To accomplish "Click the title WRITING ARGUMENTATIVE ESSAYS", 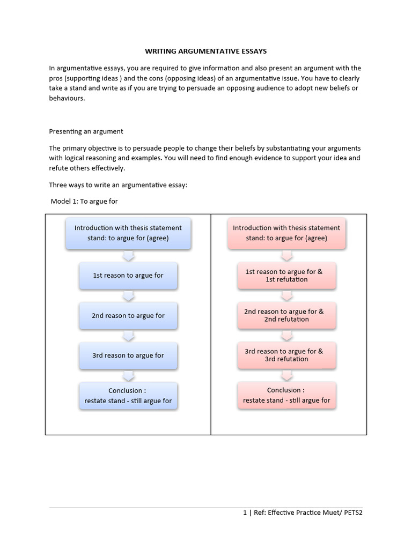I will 206,51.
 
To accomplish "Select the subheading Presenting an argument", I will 86,131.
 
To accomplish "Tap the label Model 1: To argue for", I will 84,202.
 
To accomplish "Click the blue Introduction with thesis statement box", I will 128,233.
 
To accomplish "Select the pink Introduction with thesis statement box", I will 286,233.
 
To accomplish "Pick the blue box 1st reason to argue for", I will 128,276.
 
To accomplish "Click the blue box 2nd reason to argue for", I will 128,316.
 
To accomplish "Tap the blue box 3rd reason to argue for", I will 128,355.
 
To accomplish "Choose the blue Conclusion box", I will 128,396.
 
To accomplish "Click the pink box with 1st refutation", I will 286,276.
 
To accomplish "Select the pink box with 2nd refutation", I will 286,315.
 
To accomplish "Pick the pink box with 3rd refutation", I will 286,355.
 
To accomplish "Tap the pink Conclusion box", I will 286,395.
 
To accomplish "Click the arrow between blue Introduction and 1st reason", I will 128,256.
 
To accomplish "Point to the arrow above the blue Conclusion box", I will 128,375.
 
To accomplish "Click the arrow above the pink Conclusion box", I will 286,375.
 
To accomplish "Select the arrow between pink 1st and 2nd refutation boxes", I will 286,295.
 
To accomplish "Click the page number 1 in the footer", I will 245,513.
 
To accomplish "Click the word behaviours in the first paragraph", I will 67,99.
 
